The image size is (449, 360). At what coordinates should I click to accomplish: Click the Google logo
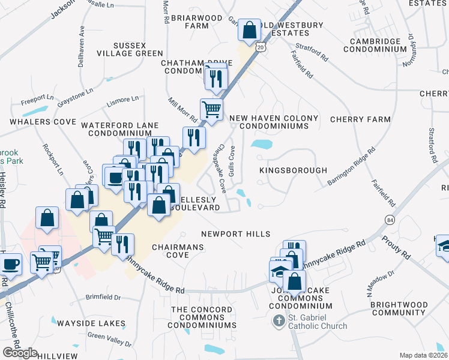pyautogui.click(x=20, y=353)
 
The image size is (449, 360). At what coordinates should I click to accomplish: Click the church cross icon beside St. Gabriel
pyautogui.click(x=278, y=322)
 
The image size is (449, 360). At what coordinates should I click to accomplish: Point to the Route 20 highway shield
pyautogui.click(x=259, y=46)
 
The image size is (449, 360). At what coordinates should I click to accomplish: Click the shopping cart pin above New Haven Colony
pyautogui.click(x=211, y=109)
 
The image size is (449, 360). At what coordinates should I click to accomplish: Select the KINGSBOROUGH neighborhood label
pyautogui.click(x=294, y=171)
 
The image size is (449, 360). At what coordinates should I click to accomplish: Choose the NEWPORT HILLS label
pyautogui.click(x=235, y=234)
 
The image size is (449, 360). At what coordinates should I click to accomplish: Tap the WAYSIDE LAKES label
pyautogui.click(x=96, y=323)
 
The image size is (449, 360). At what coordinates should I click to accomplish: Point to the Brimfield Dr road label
pyautogui.click(x=103, y=297)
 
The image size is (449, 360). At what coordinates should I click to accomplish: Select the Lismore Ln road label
pyautogui.click(x=123, y=98)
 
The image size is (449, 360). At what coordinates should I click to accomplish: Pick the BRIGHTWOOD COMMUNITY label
pyautogui.click(x=398, y=309)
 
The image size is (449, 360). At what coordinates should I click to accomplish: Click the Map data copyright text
pyautogui.click(x=424, y=355)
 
